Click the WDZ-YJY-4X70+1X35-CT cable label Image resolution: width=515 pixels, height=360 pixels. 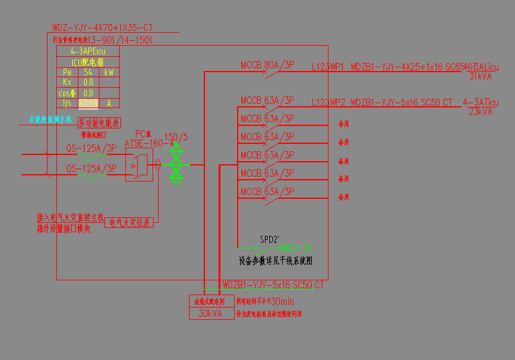pos(103,28)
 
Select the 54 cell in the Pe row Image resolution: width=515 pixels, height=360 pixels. pos(88,72)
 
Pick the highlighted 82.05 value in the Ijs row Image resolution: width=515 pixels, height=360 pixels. pos(88,103)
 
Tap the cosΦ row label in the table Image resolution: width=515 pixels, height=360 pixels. pos(67,93)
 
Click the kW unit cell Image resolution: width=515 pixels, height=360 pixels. pos(109,72)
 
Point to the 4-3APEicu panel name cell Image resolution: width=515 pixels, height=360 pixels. pos(88,51)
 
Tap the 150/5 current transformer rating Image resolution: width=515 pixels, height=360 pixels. pos(176,136)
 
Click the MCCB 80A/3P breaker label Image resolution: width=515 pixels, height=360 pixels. pos(267,65)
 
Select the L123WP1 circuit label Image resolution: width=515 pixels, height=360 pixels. pos(328,67)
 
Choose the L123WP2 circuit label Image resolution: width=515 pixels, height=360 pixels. pos(328,102)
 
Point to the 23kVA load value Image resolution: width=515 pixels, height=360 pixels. pos(480,112)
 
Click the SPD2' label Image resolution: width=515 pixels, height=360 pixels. pos(269,239)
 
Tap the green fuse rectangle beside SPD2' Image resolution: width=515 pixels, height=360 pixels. pos(288,247)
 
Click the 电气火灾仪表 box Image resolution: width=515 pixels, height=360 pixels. pos(130,222)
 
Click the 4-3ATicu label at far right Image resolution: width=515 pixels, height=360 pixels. pos(480,102)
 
